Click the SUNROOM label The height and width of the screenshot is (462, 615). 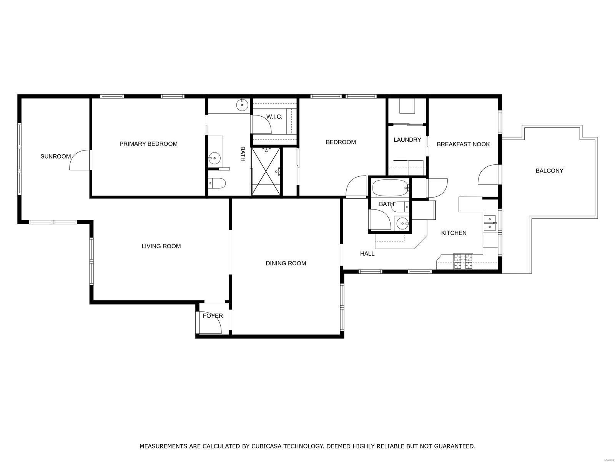point(56,156)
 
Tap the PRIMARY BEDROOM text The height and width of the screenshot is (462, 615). point(148,144)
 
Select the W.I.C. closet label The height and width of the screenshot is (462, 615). point(274,117)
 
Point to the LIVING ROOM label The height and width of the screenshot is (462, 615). point(161,246)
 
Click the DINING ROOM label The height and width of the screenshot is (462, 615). point(286,263)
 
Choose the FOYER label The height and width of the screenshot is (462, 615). point(213,316)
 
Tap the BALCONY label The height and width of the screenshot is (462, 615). point(549,171)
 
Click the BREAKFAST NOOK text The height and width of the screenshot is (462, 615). point(463,144)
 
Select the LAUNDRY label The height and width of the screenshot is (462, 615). point(407,140)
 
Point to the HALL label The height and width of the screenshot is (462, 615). point(367,254)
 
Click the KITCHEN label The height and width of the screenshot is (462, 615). point(454,233)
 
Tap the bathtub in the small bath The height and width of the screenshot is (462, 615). point(389,188)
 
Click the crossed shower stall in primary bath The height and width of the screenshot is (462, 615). point(266,172)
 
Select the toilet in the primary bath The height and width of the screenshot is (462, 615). point(217,184)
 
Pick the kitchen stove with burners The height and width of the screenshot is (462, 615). point(463,261)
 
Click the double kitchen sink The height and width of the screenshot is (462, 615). point(490,223)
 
